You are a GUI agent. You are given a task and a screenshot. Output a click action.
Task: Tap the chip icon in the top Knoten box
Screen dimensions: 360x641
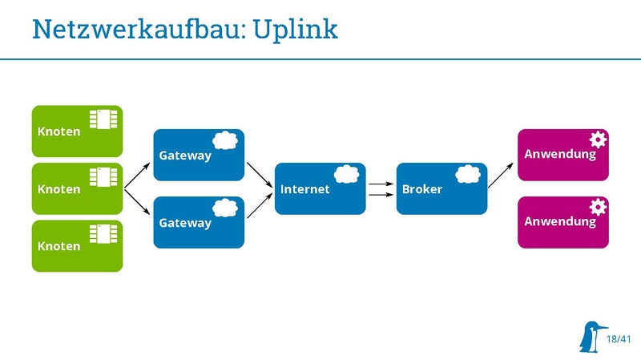pos(103,119)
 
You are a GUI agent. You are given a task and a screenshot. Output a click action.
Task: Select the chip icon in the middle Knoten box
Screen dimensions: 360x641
pos(103,176)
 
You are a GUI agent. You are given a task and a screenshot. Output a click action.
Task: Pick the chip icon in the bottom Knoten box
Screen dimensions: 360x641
pos(103,233)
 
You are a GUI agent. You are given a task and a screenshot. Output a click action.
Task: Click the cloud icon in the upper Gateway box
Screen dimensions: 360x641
pos(225,140)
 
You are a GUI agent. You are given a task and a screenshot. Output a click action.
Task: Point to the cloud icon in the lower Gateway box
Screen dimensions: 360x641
pos(225,207)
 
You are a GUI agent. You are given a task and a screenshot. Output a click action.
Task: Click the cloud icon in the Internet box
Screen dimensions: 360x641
pos(346,173)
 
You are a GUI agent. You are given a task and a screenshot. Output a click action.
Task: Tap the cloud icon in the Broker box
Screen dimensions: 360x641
pos(468,173)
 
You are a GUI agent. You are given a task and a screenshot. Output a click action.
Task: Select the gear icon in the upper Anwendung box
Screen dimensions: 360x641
pos(598,139)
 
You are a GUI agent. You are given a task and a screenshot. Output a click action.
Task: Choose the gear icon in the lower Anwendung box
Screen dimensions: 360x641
pos(598,207)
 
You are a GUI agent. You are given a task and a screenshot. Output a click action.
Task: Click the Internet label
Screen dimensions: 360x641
pos(304,190)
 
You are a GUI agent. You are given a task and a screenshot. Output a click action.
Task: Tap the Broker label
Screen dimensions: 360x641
pos(422,190)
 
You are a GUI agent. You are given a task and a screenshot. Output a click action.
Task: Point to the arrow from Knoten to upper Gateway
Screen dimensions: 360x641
pos(137,176)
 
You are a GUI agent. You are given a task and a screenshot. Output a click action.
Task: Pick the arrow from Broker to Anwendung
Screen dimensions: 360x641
pos(502,174)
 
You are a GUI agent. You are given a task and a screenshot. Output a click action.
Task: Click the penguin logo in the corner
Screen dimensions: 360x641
pos(591,337)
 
